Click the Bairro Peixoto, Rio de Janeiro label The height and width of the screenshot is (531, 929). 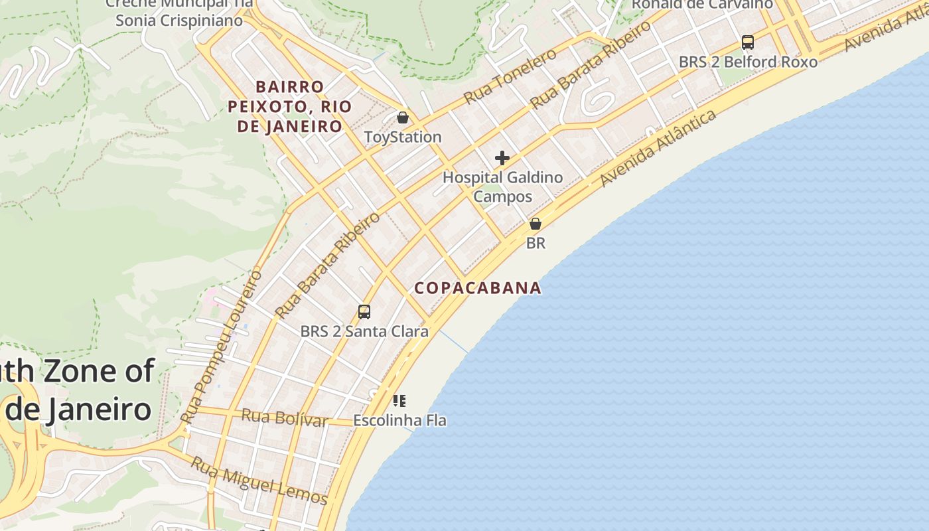pos(286,106)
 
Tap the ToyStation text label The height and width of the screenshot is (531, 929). pos(403,137)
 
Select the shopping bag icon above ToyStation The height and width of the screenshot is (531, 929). pos(402,118)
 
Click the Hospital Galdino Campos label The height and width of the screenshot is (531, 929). pos(502,187)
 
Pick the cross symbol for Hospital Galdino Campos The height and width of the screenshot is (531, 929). pos(502,158)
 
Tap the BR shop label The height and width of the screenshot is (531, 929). pos(536,243)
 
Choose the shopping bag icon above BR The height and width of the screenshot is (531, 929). pos(536,224)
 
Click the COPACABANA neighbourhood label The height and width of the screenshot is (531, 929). pos(478,288)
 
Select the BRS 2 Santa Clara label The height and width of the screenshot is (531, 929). pos(364,331)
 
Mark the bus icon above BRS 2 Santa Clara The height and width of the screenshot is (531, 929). pos(364,311)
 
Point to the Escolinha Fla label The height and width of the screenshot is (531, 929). pos(399,420)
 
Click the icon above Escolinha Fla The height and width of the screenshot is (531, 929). pos(399,400)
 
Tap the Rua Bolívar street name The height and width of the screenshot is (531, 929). pos(285,418)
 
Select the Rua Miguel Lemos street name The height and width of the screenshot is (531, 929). pos(259,481)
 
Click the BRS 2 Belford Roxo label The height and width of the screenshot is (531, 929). pos(748,62)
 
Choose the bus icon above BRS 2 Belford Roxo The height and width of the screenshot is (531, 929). pos(748,42)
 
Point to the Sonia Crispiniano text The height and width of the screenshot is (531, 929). pos(179,20)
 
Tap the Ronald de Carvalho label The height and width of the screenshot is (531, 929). pos(702,4)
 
